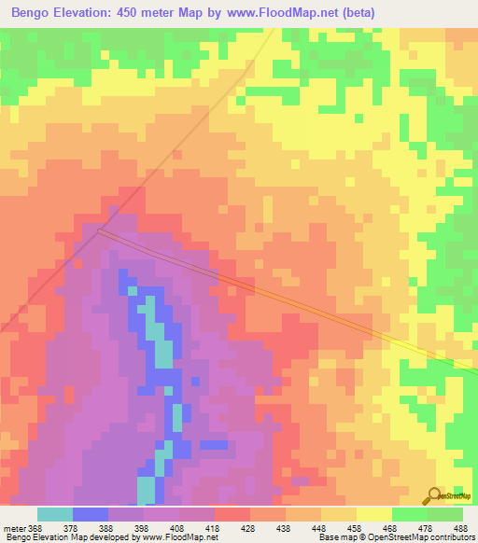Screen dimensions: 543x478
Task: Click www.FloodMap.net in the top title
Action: point(299,14)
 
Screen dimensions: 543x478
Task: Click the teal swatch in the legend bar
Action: point(55,514)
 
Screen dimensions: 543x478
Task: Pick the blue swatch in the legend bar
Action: point(91,514)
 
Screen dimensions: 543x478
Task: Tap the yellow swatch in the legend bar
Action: point(374,514)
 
